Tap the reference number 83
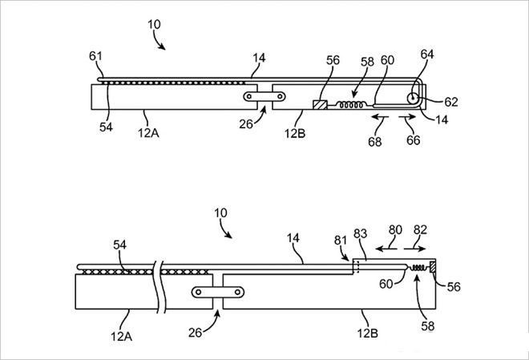[x=361, y=233]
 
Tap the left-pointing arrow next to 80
[x=390, y=250]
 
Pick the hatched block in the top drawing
[x=320, y=104]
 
